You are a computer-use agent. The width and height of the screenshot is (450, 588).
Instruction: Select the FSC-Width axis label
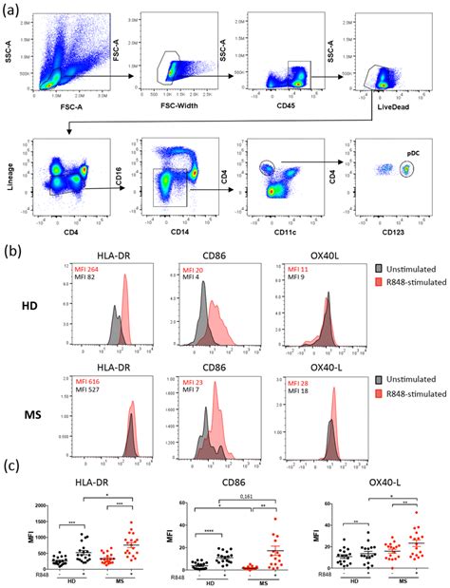coord(175,113)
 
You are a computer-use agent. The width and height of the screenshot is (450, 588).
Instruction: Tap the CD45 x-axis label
coord(282,113)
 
